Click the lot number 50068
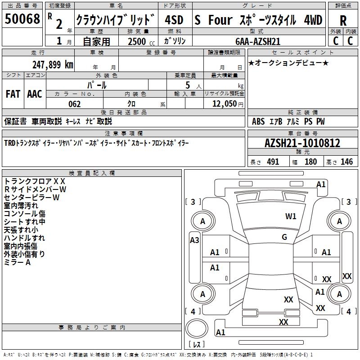[22, 19]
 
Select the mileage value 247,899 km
[53, 64]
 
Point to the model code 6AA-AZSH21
[258, 41]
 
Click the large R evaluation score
[343, 20]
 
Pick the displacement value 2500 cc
[138, 41]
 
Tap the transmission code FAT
[13, 94]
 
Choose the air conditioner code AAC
[35, 94]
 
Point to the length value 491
[273, 162]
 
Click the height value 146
[346, 162]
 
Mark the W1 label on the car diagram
[291, 216]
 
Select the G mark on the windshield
[284, 237]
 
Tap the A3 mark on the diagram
[194, 240]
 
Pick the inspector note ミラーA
[17, 262]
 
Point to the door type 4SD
[174, 20]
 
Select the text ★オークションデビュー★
[288, 63]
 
